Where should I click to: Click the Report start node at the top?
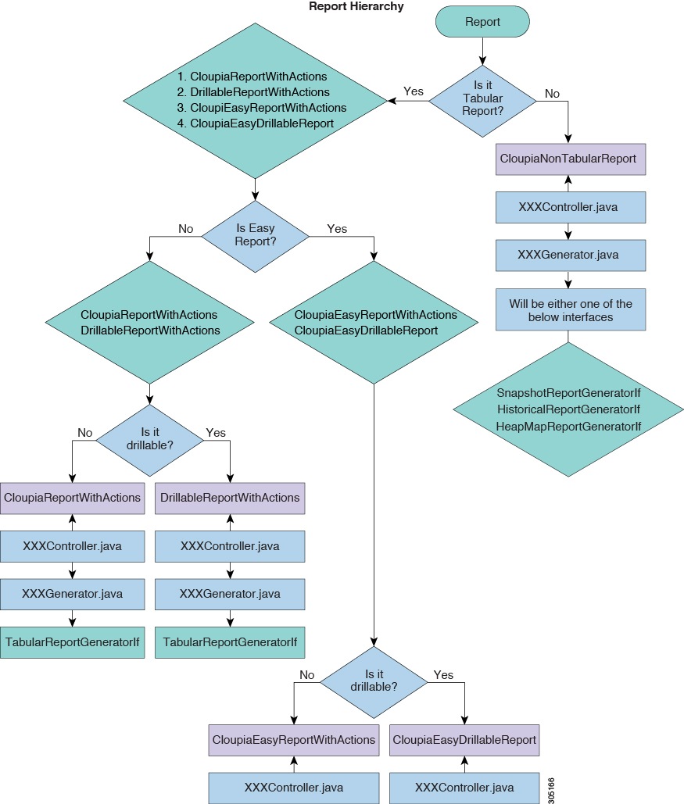482,22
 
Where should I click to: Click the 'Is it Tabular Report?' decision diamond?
482,100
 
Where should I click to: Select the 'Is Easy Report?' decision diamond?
256,236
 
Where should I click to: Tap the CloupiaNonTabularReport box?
568,159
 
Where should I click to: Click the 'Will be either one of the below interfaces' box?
571,309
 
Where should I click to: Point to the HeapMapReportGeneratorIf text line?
568,426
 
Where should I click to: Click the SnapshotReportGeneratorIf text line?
568,392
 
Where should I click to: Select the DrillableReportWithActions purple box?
230,498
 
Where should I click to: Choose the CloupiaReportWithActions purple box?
73,498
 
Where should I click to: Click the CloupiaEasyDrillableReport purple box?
464,739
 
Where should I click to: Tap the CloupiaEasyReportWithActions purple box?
294,739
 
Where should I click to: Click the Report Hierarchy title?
356,6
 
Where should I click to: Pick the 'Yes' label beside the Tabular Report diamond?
414,91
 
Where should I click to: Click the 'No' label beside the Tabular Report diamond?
552,94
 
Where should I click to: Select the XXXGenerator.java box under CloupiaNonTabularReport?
571,255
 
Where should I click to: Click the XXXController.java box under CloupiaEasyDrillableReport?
464,787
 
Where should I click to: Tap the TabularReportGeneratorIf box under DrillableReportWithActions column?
230,641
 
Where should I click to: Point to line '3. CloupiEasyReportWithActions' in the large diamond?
261,108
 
